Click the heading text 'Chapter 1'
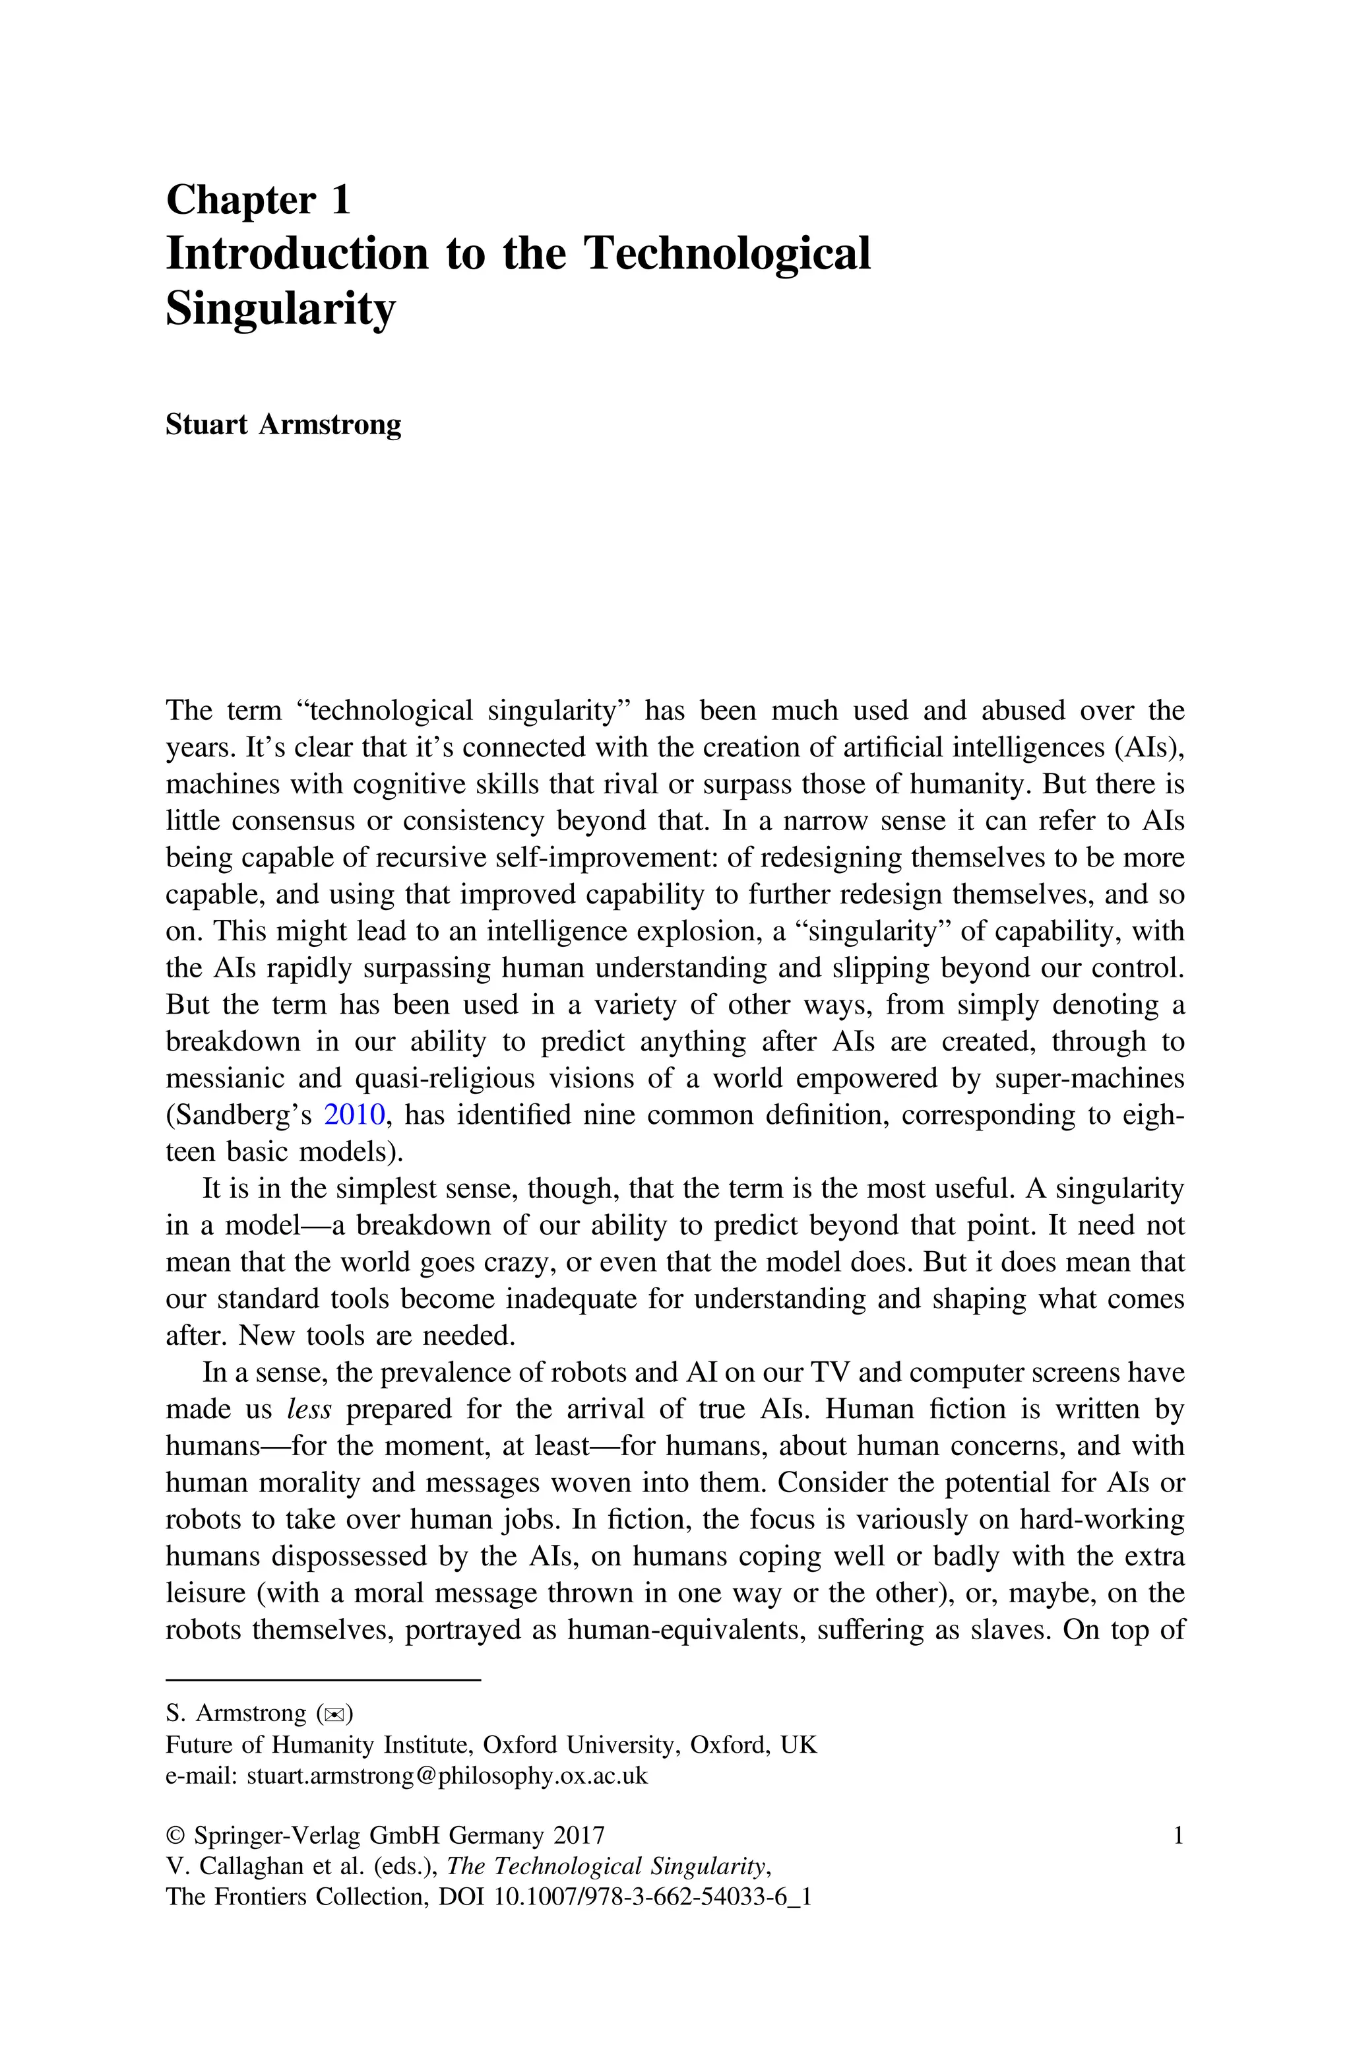coord(258,200)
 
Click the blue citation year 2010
coord(354,1115)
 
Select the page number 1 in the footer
coord(1178,1835)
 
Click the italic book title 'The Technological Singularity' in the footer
coord(607,1866)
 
